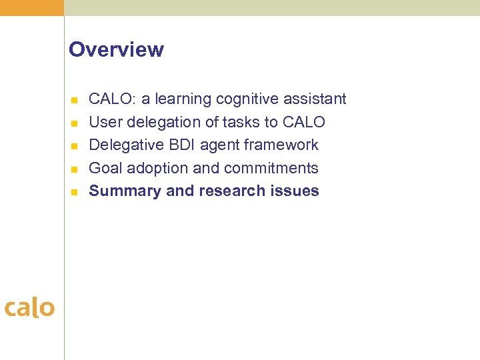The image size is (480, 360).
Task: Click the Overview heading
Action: click(x=116, y=50)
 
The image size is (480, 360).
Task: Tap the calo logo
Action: click(x=29, y=308)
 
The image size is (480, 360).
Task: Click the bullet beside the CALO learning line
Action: click(x=75, y=100)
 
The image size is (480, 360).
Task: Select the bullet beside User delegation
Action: click(x=75, y=123)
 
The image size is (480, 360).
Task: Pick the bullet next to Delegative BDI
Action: click(x=75, y=146)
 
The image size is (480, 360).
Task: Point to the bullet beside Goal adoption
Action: click(x=75, y=169)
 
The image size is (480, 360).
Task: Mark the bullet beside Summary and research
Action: click(x=75, y=192)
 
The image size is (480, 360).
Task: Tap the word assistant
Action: click(x=315, y=99)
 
